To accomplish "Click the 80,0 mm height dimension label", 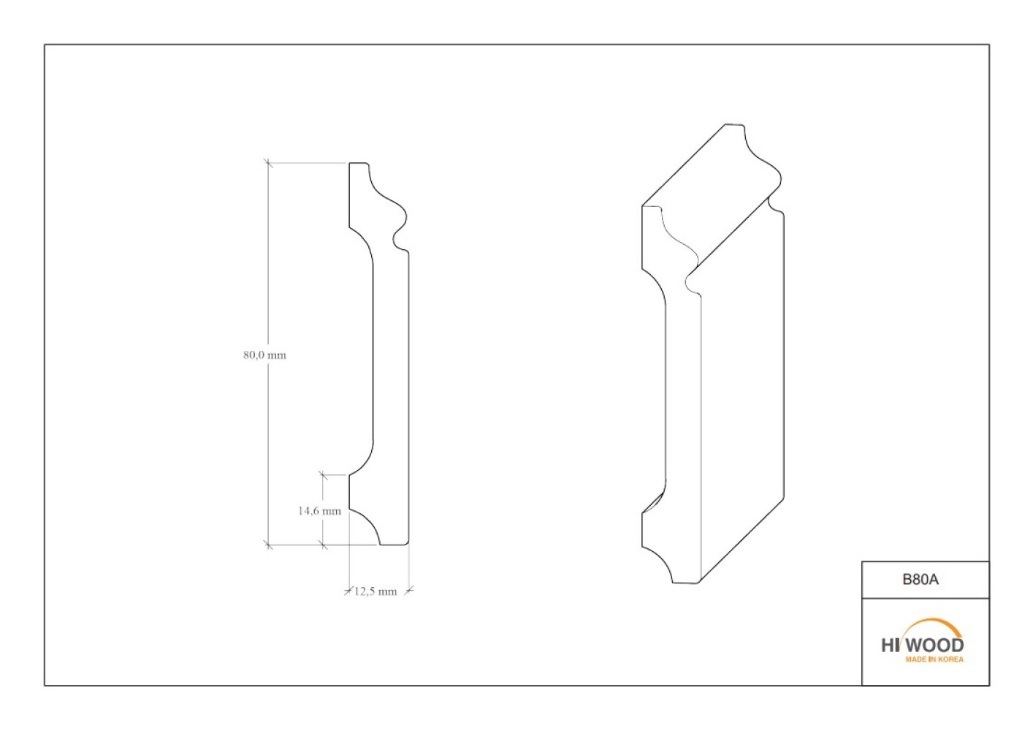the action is [x=264, y=355].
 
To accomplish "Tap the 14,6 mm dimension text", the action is [x=319, y=511].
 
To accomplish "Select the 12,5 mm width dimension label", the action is [x=376, y=591].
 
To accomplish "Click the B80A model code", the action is [x=920, y=580].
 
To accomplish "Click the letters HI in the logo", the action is [x=890, y=645].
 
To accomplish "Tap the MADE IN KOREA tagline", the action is [x=934, y=659].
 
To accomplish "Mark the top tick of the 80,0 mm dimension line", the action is [x=268, y=163].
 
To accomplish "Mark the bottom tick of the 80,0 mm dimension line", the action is [x=268, y=545].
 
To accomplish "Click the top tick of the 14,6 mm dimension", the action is [x=323, y=474].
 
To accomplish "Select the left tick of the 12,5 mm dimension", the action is [x=349, y=591].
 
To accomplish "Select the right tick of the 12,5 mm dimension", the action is [x=409, y=591].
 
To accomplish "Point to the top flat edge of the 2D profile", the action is [x=359, y=163].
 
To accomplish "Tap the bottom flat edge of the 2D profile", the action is [x=394, y=545].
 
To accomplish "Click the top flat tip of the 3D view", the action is [x=733, y=124].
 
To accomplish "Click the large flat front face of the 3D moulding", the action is [x=742, y=397].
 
